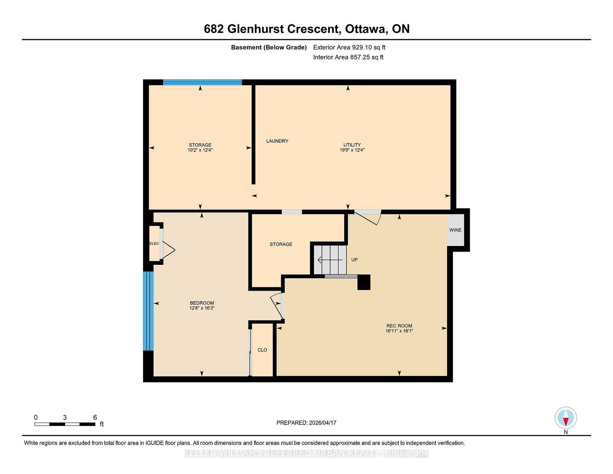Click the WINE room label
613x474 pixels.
(455, 230)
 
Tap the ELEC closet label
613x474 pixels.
(154, 243)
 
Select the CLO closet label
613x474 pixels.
(262, 350)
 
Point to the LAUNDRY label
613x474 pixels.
(277, 141)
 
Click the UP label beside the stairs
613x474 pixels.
(354, 259)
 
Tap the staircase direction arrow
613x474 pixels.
(330, 259)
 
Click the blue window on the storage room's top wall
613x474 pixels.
(203, 82)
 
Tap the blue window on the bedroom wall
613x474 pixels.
(148, 311)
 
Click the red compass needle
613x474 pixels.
(565, 422)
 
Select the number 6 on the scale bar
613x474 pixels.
(95, 417)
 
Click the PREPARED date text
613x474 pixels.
(306, 423)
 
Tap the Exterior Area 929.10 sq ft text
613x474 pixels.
(349, 48)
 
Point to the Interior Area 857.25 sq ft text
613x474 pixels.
(348, 57)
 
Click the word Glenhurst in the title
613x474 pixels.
(256, 29)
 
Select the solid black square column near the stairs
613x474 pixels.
(364, 282)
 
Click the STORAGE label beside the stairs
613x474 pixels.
(281, 244)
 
